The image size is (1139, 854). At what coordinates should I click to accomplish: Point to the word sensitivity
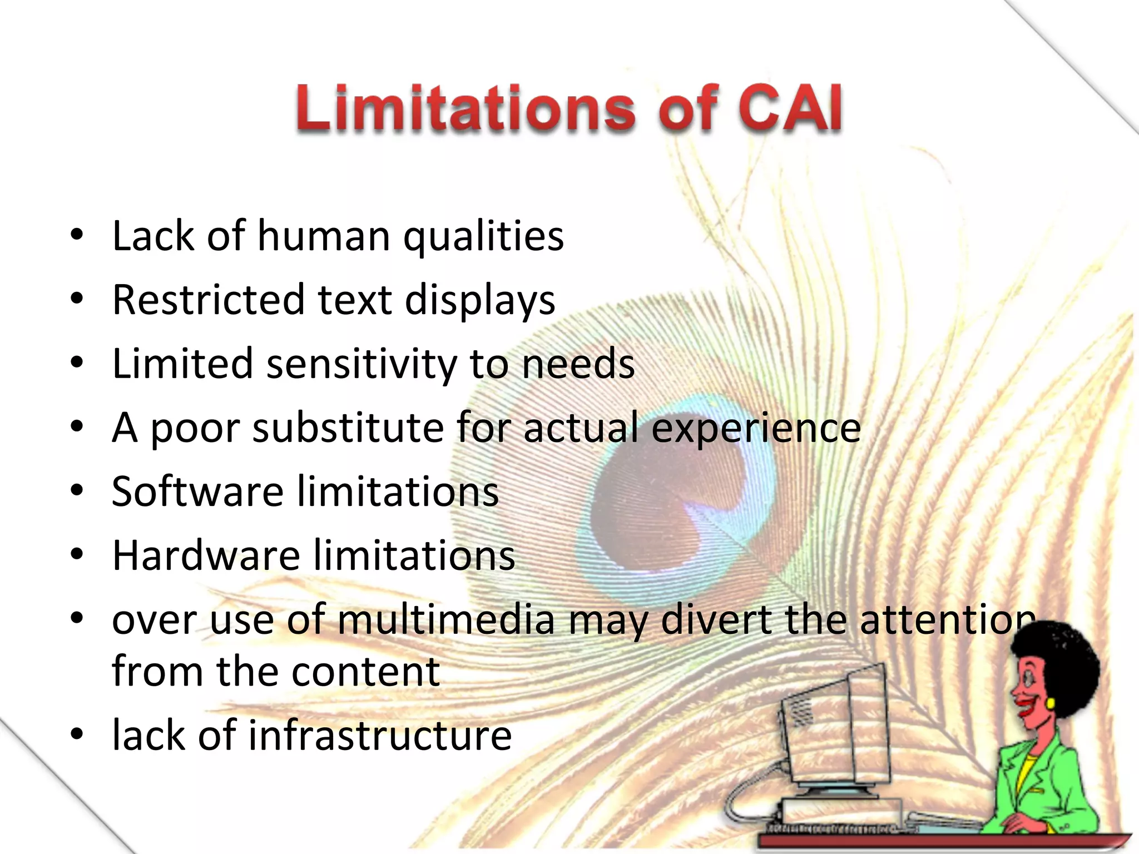tap(361, 364)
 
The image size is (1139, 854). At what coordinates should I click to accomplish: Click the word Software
tap(197, 492)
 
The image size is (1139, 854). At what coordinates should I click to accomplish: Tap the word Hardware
tap(206, 556)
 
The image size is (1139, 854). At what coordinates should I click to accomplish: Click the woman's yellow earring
tap(1051, 703)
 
